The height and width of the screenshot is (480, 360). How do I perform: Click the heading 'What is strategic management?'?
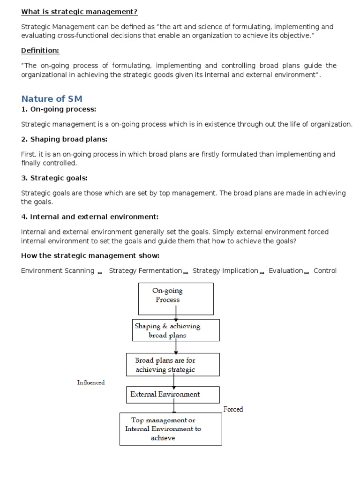(79, 12)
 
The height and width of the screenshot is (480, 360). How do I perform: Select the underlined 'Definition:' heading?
(40, 51)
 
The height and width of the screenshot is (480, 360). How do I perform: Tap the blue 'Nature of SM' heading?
(52, 98)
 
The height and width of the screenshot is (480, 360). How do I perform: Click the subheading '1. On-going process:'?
(59, 109)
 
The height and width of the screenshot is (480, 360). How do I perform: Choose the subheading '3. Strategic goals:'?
(54, 178)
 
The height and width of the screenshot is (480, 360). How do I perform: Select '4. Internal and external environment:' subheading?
(90, 217)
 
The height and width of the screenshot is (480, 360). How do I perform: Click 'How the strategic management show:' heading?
(90, 255)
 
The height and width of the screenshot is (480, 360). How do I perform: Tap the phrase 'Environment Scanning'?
(58, 270)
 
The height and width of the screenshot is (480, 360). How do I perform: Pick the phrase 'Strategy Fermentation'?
(145, 270)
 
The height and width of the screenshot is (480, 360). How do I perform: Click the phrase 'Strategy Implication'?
(225, 270)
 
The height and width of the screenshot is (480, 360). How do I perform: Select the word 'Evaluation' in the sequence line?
(286, 270)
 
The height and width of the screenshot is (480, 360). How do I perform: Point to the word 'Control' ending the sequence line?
(325, 270)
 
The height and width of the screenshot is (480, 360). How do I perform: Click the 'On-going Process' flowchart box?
(176, 299)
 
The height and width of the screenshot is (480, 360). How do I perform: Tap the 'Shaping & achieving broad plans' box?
(176, 330)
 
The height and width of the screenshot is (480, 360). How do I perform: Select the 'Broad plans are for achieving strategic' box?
(173, 365)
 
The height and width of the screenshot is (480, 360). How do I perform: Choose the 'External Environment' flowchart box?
(173, 394)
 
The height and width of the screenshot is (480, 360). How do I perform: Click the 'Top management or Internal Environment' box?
(171, 428)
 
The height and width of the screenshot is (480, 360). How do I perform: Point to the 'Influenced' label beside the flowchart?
(91, 382)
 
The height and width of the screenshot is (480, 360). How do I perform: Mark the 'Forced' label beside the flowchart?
(233, 409)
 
